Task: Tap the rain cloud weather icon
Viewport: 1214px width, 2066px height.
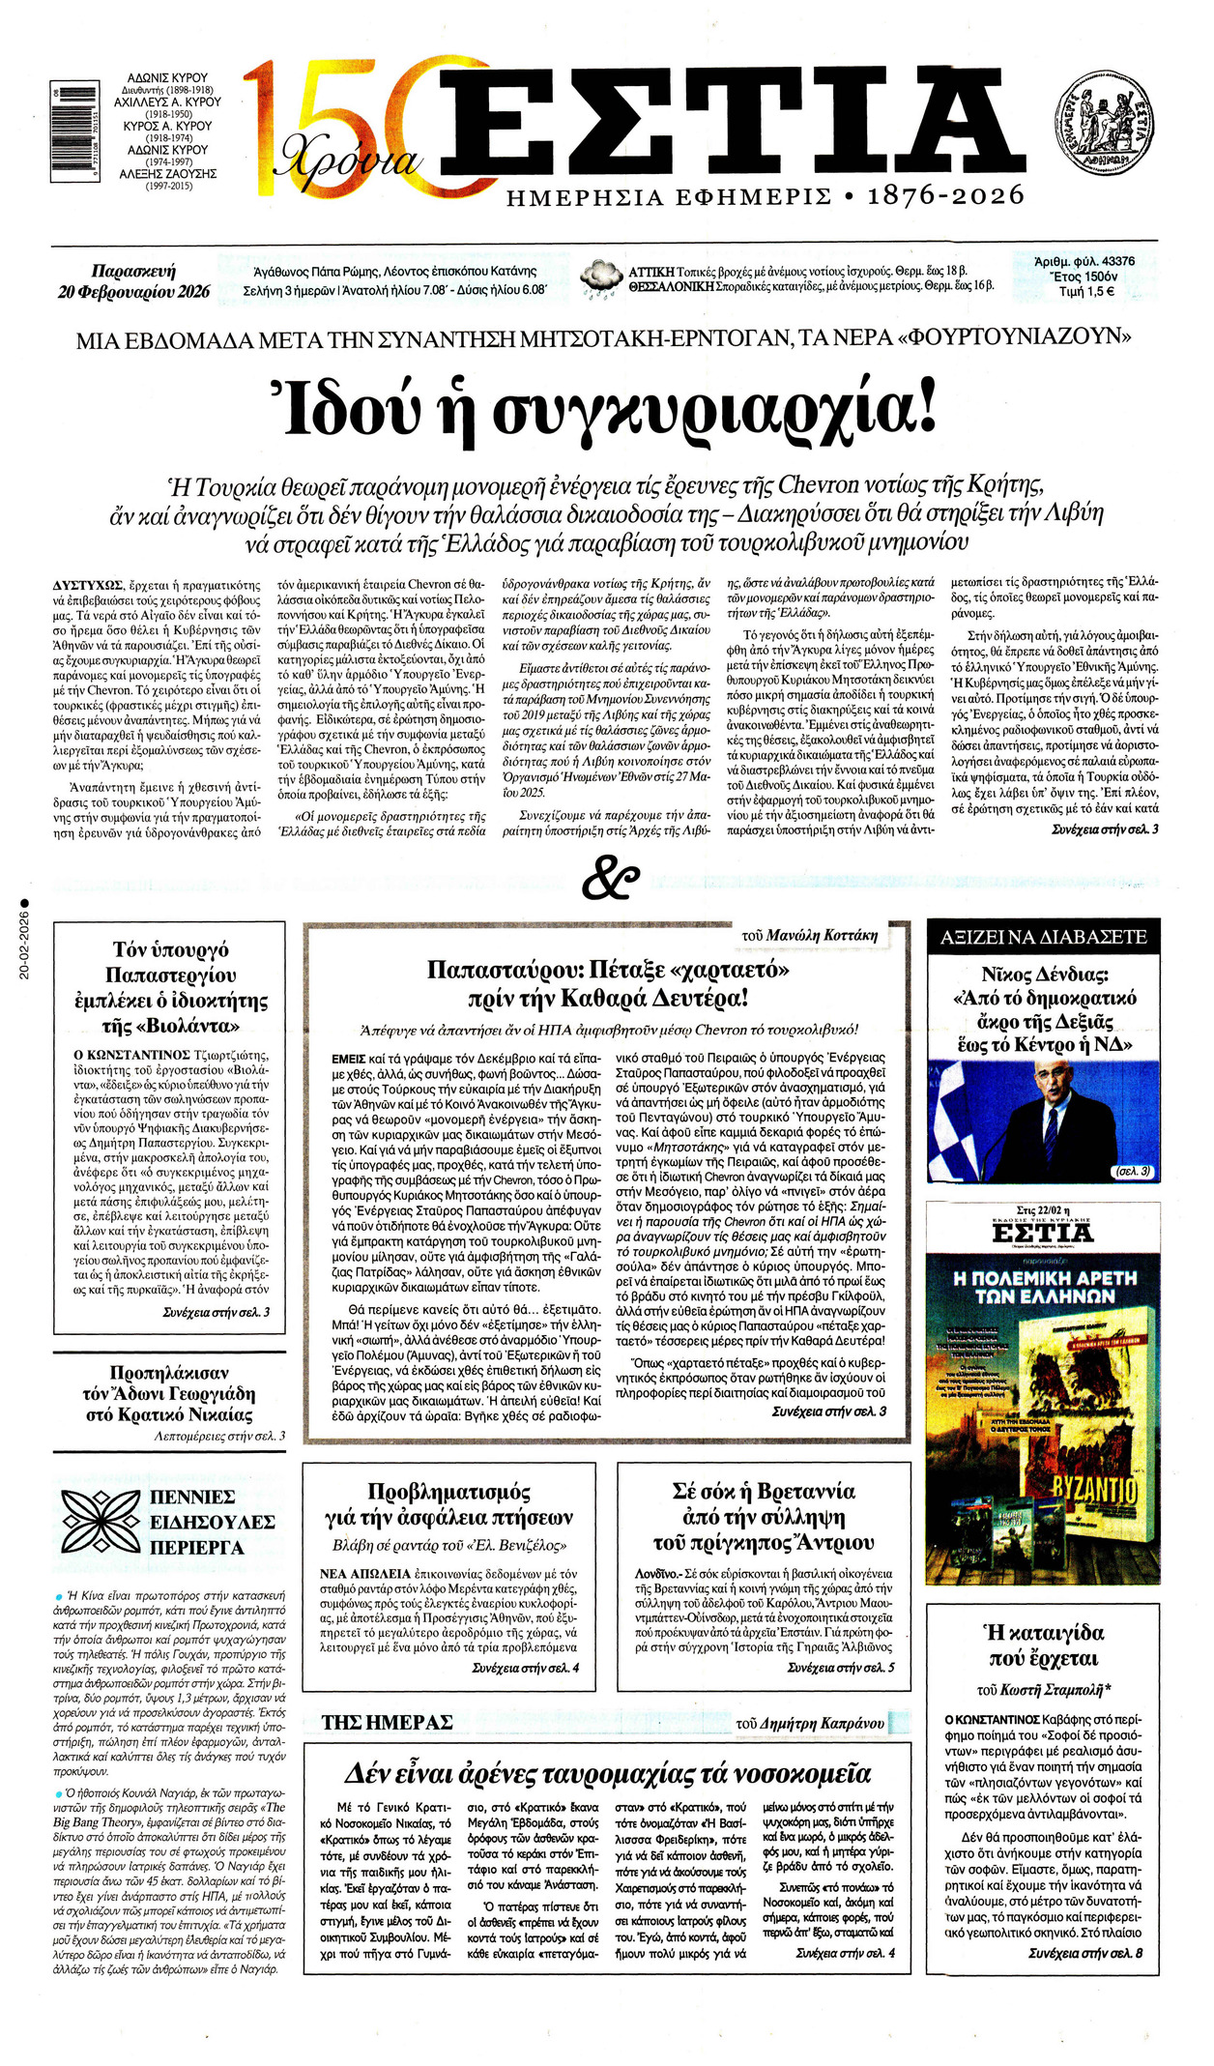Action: pyautogui.click(x=600, y=277)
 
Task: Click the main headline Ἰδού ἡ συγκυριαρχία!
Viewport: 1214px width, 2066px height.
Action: pyautogui.click(x=608, y=411)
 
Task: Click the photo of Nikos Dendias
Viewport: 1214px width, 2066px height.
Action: pyautogui.click(x=1042, y=1120)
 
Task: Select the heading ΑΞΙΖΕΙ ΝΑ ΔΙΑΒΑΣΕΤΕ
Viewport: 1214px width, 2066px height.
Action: pyautogui.click(x=1043, y=936)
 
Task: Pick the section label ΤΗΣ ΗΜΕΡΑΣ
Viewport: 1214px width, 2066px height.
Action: pyautogui.click(x=387, y=1722)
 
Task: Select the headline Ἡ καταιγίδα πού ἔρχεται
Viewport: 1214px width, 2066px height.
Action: pyautogui.click(x=1043, y=1645)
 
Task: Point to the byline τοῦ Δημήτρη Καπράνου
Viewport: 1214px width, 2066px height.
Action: pyautogui.click(x=809, y=1723)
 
